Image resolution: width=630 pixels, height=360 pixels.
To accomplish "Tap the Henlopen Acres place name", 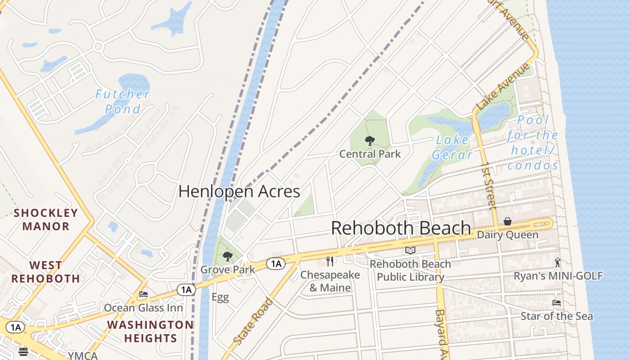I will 239,191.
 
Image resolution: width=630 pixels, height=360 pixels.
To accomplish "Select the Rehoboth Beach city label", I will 400,228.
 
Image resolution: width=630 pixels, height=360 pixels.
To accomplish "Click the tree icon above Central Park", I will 369,141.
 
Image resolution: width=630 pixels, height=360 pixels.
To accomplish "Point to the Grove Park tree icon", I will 228,257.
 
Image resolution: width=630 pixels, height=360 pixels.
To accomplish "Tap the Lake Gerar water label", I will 452,148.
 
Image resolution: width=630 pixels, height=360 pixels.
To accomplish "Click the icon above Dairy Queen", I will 508,221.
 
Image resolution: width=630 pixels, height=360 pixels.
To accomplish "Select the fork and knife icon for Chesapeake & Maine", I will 330,261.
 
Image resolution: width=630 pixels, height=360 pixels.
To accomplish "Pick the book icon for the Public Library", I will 410,251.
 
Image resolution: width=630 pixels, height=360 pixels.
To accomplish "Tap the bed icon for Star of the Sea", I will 557,303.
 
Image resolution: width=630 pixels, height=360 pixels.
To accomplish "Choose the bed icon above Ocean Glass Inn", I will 144,294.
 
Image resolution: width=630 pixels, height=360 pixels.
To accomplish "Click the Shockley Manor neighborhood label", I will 46,220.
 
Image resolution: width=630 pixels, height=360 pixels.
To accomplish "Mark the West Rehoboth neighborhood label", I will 46,272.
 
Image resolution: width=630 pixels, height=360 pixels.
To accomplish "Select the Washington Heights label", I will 150,331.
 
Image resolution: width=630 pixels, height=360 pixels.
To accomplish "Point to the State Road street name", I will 253,321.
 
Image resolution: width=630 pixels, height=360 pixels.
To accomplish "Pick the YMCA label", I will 82,355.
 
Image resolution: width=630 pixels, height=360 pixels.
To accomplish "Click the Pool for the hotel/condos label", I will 533,143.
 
